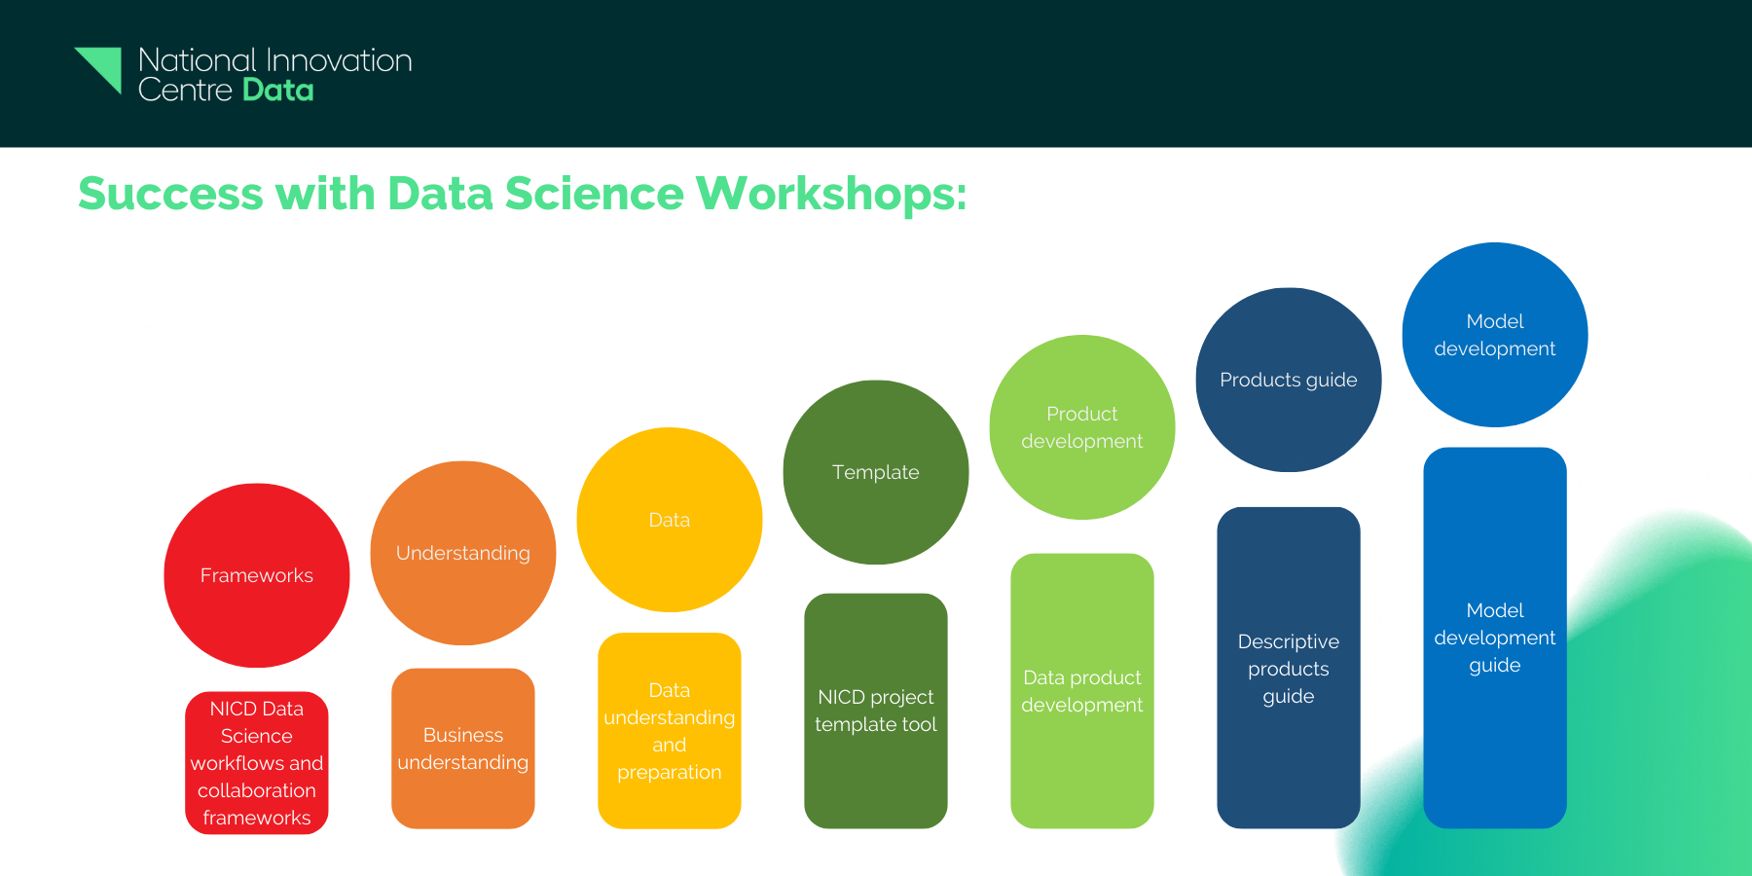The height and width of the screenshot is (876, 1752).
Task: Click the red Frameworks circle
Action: tap(257, 575)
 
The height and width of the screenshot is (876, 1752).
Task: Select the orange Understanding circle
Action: tap(463, 553)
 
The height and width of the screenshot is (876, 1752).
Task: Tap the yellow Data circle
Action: tap(670, 520)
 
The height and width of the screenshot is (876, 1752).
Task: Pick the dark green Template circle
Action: tap(876, 472)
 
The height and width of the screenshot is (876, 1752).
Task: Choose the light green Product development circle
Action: tap(1082, 427)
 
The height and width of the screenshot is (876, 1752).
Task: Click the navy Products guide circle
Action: tap(1289, 380)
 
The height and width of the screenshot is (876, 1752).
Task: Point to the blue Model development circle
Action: tap(1495, 335)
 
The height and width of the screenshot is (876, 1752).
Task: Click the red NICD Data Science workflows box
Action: tap(257, 763)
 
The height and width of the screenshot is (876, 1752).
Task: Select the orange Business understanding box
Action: tap(463, 748)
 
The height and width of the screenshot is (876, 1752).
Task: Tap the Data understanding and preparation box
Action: tap(670, 731)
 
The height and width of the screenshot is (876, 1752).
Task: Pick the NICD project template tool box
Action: tap(876, 711)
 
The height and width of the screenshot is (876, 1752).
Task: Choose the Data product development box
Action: tap(1082, 691)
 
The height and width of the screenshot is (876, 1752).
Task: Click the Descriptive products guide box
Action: tap(1289, 668)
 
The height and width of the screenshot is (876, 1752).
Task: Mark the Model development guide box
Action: tap(1495, 638)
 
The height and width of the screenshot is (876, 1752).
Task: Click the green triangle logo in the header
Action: tap(100, 68)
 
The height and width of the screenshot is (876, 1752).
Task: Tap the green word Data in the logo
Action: tap(278, 91)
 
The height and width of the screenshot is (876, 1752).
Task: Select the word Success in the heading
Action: tap(170, 194)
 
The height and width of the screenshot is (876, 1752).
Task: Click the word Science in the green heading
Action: tap(594, 194)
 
